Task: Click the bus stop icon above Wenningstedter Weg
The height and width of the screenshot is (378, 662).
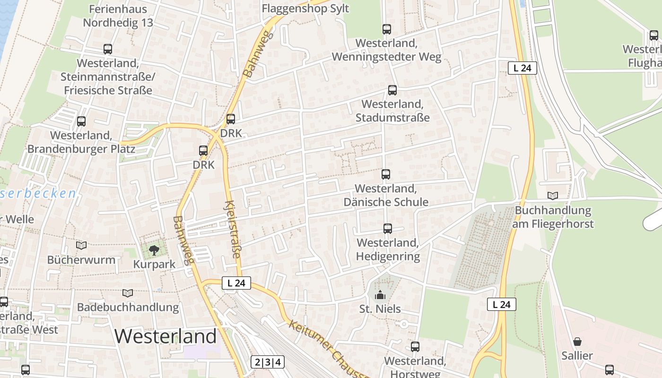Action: coord(387,29)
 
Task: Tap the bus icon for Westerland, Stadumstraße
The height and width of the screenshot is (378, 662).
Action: coord(392,90)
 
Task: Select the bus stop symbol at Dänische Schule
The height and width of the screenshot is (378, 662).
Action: coord(386,174)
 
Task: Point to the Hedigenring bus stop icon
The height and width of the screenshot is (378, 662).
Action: coord(388,229)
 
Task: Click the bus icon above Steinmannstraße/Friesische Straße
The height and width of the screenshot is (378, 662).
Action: coord(108,49)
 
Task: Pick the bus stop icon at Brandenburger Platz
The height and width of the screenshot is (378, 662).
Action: coord(81,121)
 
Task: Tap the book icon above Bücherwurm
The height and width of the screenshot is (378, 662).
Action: coord(81,246)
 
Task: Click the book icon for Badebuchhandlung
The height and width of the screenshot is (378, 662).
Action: coord(128,293)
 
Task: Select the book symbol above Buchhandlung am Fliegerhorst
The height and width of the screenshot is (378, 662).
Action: coord(552,196)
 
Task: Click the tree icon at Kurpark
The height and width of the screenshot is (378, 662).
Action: coord(154,250)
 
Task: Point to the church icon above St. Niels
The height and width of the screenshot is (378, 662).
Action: coord(380,295)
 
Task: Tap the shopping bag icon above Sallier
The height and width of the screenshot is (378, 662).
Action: coord(577,342)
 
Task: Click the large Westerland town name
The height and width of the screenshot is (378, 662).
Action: coord(165,336)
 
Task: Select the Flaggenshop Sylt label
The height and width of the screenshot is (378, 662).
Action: coord(305,9)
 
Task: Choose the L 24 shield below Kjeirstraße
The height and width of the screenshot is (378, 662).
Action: coord(236,283)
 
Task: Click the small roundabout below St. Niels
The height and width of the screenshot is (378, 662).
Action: coord(404,324)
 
